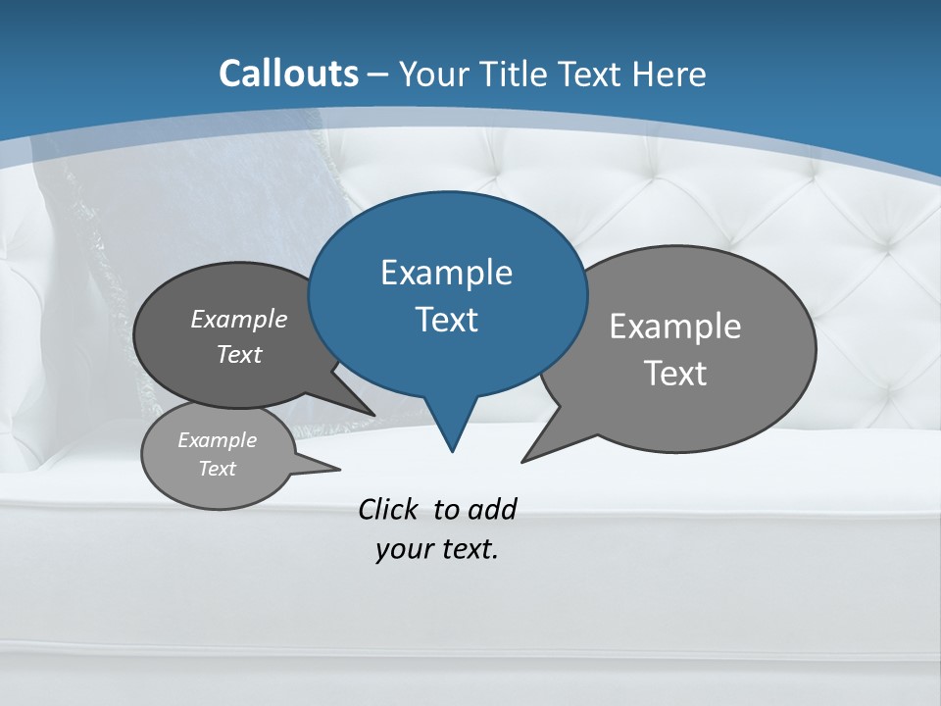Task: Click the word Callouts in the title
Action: point(289,74)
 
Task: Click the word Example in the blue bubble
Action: point(446,272)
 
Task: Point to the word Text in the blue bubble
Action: point(446,319)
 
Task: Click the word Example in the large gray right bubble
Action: point(675,326)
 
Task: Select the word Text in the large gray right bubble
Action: point(675,373)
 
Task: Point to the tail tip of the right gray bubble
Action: point(524,460)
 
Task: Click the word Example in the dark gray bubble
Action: point(239,319)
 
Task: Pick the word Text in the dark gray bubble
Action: point(239,354)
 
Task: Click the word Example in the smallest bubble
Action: point(217,440)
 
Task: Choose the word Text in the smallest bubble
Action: point(217,469)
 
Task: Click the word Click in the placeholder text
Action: point(389,509)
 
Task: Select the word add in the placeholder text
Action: point(492,509)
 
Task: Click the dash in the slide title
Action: point(377,75)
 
